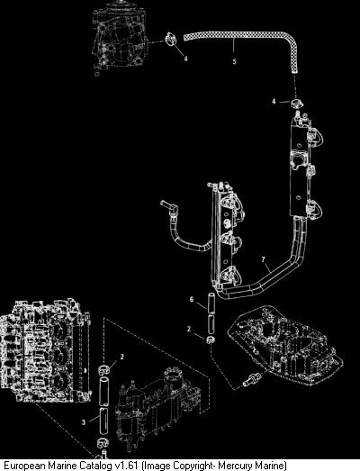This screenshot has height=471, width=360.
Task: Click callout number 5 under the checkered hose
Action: [x=234, y=61]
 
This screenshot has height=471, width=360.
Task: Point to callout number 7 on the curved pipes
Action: [x=264, y=259]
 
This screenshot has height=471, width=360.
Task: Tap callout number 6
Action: [x=192, y=300]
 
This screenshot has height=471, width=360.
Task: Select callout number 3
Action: [x=84, y=422]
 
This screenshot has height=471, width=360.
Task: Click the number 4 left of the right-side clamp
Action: [x=274, y=102]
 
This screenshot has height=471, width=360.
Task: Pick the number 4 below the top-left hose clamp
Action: [x=186, y=59]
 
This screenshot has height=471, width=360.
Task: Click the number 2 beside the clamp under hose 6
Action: [x=189, y=329]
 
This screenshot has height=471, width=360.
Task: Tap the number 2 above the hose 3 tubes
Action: [x=121, y=357]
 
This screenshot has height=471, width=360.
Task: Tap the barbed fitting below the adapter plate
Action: [x=248, y=378]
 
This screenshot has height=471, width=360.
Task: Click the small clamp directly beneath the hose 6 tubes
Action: [x=210, y=340]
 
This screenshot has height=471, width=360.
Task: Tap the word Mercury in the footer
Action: [x=234, y=466]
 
